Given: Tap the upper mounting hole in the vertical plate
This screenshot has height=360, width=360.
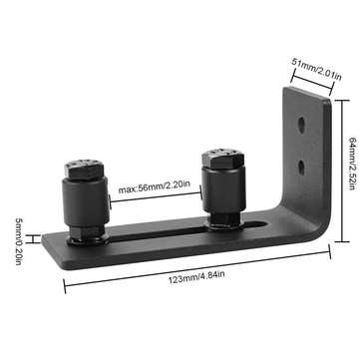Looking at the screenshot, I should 301,127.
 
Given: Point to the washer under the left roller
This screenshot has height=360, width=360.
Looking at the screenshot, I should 88,239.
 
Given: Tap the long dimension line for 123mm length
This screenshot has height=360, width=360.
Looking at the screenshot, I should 196,268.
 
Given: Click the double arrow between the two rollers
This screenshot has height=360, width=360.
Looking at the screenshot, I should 155,197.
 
